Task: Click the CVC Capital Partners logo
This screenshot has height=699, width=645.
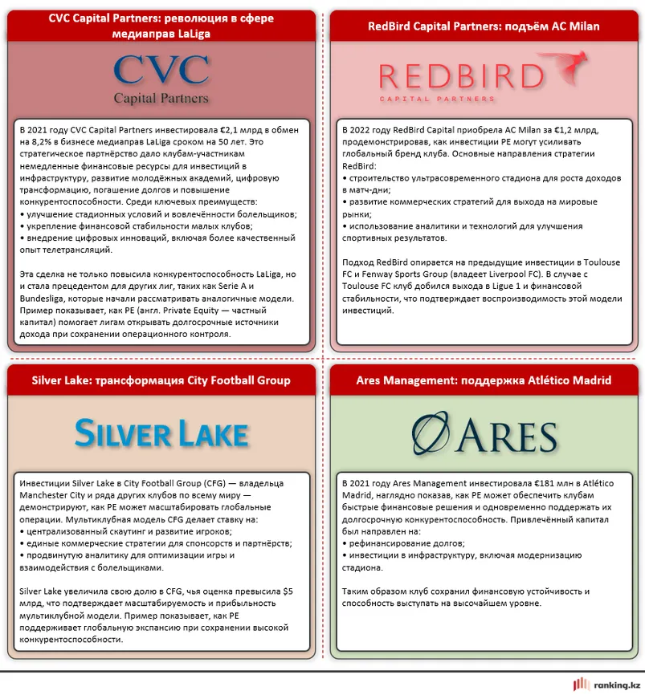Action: [161, 78]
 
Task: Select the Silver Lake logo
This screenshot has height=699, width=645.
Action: [161, 433]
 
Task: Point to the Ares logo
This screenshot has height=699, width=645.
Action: [482, 434]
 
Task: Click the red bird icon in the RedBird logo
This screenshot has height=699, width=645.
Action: [569, 65]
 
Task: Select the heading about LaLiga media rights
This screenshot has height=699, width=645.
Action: [161, 26]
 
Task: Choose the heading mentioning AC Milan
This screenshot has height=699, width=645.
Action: [484, 26]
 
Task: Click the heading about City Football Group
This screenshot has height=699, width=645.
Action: [161, 380]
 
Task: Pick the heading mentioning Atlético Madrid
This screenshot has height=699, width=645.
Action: [484, 380]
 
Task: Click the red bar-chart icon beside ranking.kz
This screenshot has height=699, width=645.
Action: [581, 685]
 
